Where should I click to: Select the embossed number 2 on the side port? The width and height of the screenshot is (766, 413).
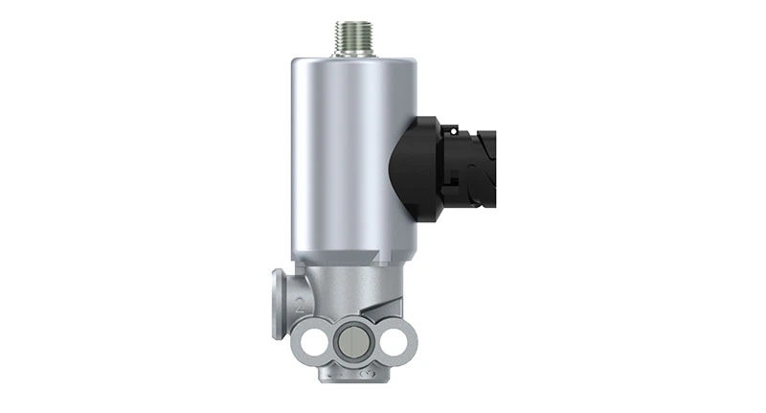pyautogui.click(x=301, y=306)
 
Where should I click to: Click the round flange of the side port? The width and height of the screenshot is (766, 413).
pyautogui.click(x=280, y=303)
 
